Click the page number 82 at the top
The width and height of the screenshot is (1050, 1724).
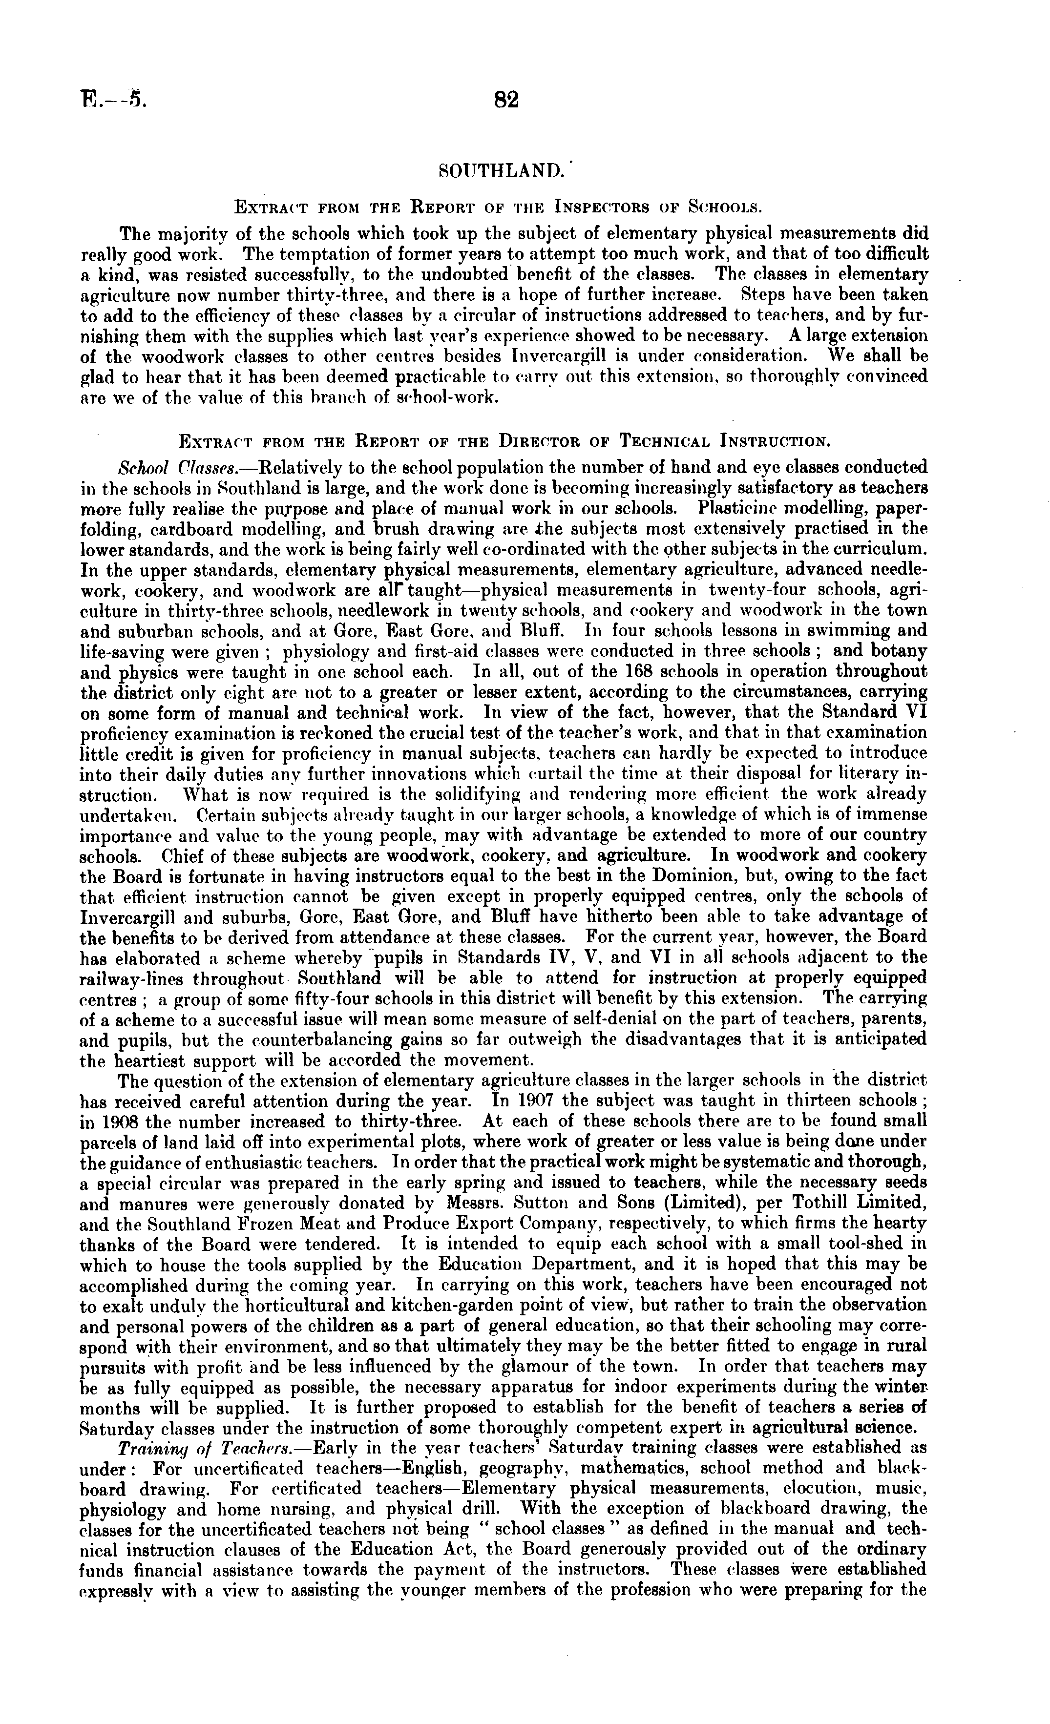(506, 100)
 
